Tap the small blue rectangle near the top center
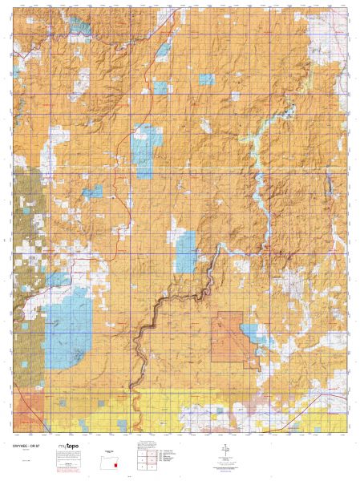[x=207, y=79]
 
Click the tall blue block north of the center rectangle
[x=145, y=149]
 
